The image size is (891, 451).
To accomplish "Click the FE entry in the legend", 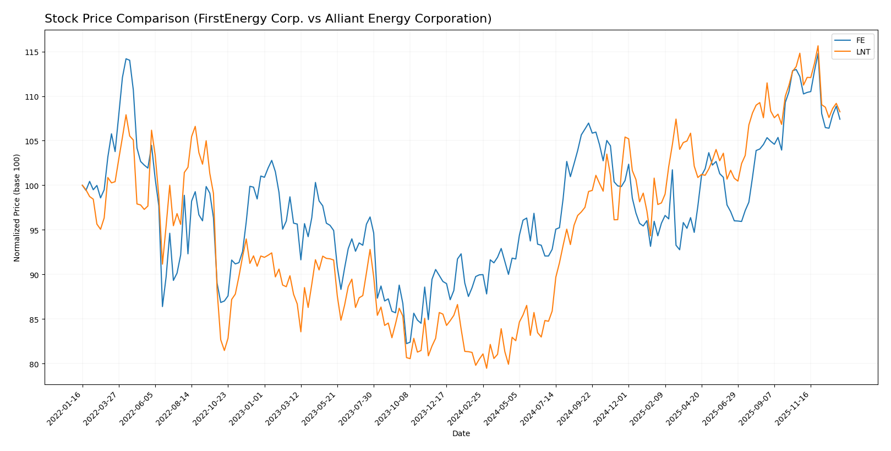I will [x=860, y=40].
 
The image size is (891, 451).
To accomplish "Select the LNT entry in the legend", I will [x=862, y=52].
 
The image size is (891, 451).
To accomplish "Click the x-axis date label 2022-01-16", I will [x=65, y=408].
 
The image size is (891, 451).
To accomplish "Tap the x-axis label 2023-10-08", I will [x=393, y=408].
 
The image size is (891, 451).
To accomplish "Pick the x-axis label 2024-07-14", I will [x=538, y=408].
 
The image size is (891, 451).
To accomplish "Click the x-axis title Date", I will [x=461, y=434].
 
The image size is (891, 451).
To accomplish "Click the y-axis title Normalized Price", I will [x=17, y=208].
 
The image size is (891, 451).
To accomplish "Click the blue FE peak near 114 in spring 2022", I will [x=125, y=58].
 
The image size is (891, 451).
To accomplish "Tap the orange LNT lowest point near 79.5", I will [x=486, y=368].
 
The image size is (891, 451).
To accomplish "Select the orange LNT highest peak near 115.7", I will [x=818, y=46].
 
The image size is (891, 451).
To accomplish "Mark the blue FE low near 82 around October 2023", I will [x=406, y=344].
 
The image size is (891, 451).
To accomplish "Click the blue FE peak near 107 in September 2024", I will [x=588, y=123].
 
